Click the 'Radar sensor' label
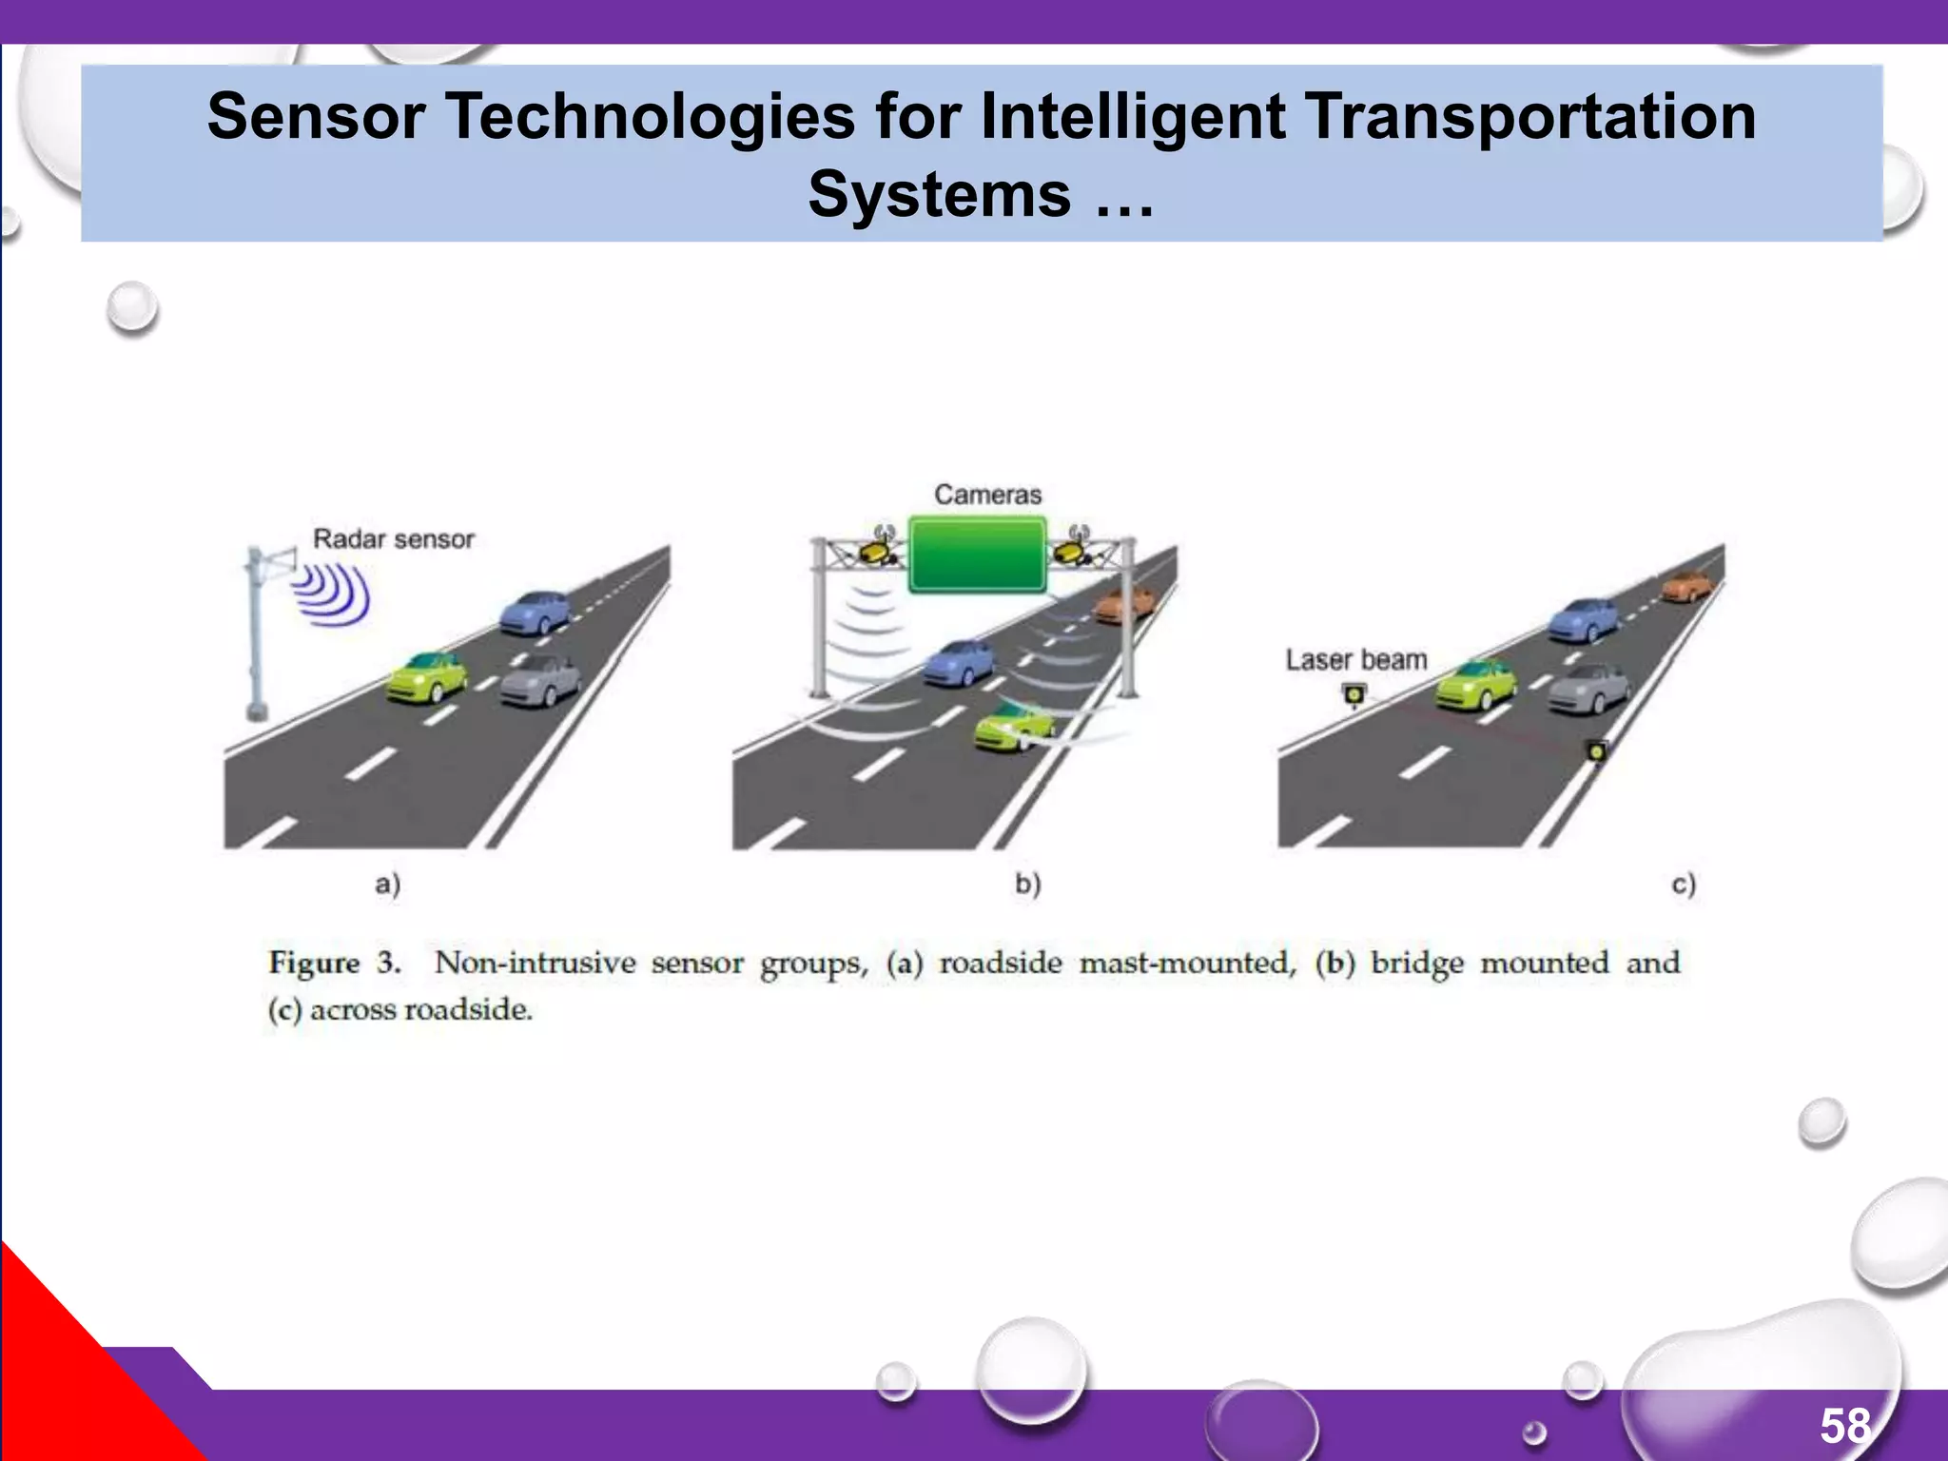[x=393, y=539]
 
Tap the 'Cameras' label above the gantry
[x=987, y=495]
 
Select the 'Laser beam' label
[x=1355, y=660]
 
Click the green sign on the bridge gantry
[x=978, y=555]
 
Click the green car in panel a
[x=427, y=675]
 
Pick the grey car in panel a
[x=540, y=681]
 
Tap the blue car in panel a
[x=536, y=612]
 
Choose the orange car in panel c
[x=1687, y=585]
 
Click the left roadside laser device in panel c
[x=1354, y=695]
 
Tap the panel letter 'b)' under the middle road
[x=1027, y=885]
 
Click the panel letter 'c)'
[x=1683, y=885]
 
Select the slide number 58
[x=1844, y=1426]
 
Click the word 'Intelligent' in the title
[x=1132, y=117]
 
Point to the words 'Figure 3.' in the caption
[x=334, y=963]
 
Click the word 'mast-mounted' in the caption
[x=1187, y=963]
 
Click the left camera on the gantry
[x=876, y=549]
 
